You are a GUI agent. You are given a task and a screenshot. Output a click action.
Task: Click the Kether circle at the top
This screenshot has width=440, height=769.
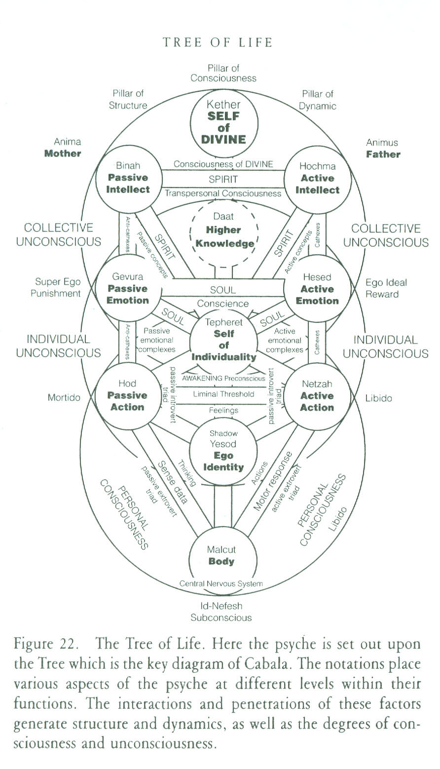pyautogui.click(x=223, y=122)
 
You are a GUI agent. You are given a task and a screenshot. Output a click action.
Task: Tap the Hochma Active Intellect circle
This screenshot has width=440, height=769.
pyautogui.click(x=318, y=178)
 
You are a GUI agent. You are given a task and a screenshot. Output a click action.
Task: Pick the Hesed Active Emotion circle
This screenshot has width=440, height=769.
pyautogui.click(x=318, y=289)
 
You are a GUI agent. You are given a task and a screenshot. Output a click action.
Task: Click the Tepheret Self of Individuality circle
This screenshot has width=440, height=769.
pyautogui.click(x=223, y=340)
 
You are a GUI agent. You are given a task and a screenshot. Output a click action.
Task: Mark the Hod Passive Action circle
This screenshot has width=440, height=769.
pyautogui.click(x=127, y=395)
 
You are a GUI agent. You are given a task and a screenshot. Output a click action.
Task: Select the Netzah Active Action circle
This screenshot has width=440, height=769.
pyautogui.click(x=317, y=396)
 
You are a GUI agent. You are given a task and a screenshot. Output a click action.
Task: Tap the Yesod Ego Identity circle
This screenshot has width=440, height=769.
pyautogui.click(x=223, y=450)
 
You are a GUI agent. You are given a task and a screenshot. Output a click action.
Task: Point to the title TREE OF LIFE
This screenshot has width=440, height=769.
pyautogui.click(x=218, y=42)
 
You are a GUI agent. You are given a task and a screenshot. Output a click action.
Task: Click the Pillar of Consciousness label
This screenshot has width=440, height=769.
pyautogui.click(x=223, y=73)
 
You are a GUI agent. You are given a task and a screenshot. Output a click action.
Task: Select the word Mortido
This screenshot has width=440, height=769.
pyautogui.click(x=64, y=397)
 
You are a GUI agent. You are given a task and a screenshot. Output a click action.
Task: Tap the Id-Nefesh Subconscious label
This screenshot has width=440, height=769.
pyautogui.click(x=221, y=612)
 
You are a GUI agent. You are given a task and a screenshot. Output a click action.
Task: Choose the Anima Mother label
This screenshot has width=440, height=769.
pyautogui.click(x=63, y=147)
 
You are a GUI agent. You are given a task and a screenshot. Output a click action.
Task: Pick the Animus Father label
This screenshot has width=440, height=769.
pyautogui.click(x=383, y=148)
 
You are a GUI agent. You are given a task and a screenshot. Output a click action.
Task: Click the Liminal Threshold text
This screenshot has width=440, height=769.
pyautogui.click(x=223, y=394)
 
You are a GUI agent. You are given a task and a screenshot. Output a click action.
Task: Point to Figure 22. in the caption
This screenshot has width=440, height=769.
pyautogui.click(x=48, y=645)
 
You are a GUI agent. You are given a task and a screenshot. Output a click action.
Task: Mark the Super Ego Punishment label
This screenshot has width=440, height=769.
pyautogui.click(x=58, y=288)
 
